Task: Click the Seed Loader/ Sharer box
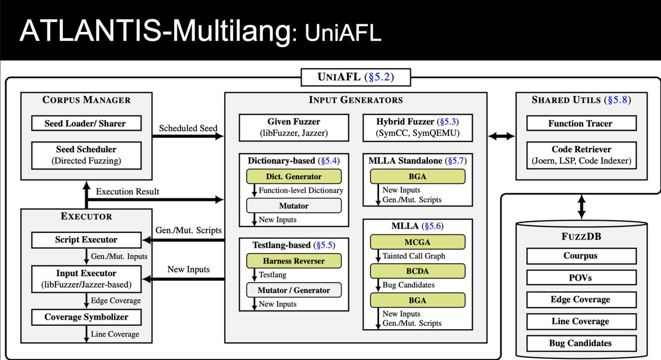(85, 123)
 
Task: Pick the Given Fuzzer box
(294, 127)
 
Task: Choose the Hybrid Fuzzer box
(418, 127)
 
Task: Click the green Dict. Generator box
(294, 177)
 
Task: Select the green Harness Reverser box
(294, 260)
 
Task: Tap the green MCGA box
(418, 241)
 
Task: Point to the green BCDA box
(418, 271)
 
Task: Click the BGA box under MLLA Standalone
(418, 176)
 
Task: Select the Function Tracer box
(581, 123)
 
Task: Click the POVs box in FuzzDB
(579, 278)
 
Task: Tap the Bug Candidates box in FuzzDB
(579, 343)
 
